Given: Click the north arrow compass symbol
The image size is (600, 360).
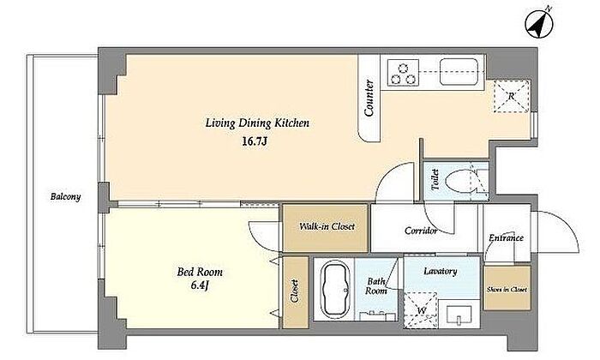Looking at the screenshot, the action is click(x=539, y=22).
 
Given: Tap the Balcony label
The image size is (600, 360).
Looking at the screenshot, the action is click(x=65, y=197).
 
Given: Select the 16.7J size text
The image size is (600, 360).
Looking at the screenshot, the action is click(x=254, y=141).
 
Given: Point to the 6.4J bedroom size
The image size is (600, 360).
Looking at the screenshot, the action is click(x=200, y=285).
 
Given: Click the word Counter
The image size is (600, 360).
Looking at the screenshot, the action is click(x=369, y=98).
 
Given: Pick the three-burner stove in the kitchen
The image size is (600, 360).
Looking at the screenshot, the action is click(x=403, y=72).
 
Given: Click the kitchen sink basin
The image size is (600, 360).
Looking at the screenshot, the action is click(x=459, y=72).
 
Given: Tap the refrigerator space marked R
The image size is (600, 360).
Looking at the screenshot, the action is click(x=511, y=96).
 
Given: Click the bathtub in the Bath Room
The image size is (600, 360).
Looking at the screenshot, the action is click(x=335, y=290).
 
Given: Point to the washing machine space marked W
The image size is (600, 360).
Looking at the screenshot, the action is click(x=421, y=310).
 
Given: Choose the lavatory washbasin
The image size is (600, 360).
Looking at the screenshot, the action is click(x=459, y=314).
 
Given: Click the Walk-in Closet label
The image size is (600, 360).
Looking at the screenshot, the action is click(x=327, y=226).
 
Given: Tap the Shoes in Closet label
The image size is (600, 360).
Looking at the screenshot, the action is click(x=507, y=290).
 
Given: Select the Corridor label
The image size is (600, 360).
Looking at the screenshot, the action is click(x=421, y=231).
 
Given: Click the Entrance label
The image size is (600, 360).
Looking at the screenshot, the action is click(x=506, y=237).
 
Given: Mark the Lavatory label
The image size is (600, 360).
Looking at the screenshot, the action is click(x=441, y=272).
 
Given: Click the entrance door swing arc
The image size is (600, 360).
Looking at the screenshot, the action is click(x=570, y=226).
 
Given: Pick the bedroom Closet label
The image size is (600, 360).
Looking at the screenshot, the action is click(x=294, y=291).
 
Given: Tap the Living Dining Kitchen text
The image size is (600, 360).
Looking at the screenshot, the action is click(x=257, y=123).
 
